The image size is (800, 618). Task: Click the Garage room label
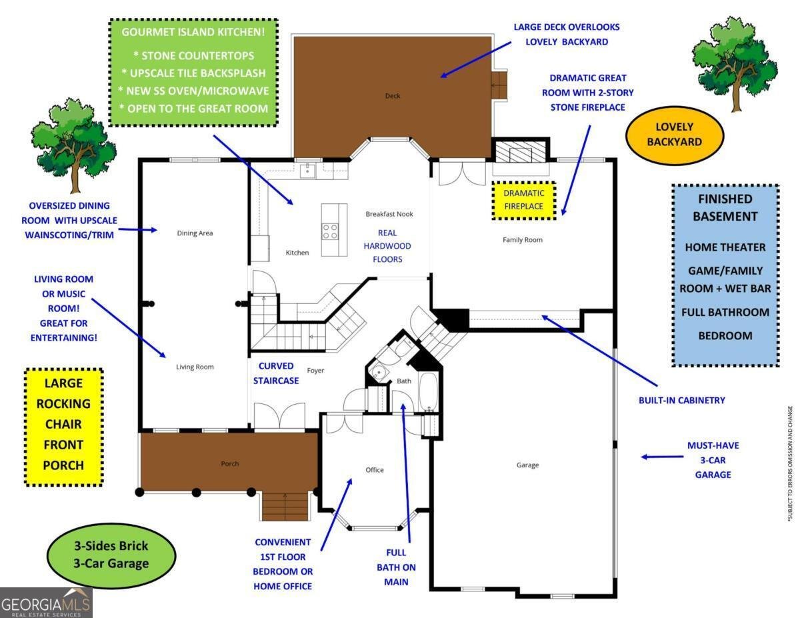click(527, 465)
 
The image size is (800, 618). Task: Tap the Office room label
click(375, 470)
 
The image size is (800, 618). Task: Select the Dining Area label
click(195, 233)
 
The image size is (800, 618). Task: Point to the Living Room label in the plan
click(195, 367)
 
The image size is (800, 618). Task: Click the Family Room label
click(522, 239)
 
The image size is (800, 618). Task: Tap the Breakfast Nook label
click(389, 214)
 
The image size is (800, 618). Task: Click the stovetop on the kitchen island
click(329, 231)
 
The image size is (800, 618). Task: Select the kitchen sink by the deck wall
click(307, 171)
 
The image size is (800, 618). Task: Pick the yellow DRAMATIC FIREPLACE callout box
click(523, 200)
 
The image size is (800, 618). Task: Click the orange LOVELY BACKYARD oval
click(674, 134)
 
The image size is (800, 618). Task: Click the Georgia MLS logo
click(46, 603)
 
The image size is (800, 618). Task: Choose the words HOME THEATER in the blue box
click(725, 247)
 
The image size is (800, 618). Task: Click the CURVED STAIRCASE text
click(276, 373)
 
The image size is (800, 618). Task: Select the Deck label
click(393, 96)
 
